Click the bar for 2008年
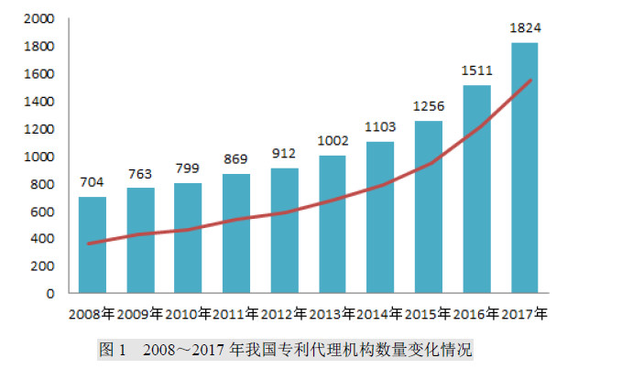92,245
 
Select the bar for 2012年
284,231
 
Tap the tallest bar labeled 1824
524,168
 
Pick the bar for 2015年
428,207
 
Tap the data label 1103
380,125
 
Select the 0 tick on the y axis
49,294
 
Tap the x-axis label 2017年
524,314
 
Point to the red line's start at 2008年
88,244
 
